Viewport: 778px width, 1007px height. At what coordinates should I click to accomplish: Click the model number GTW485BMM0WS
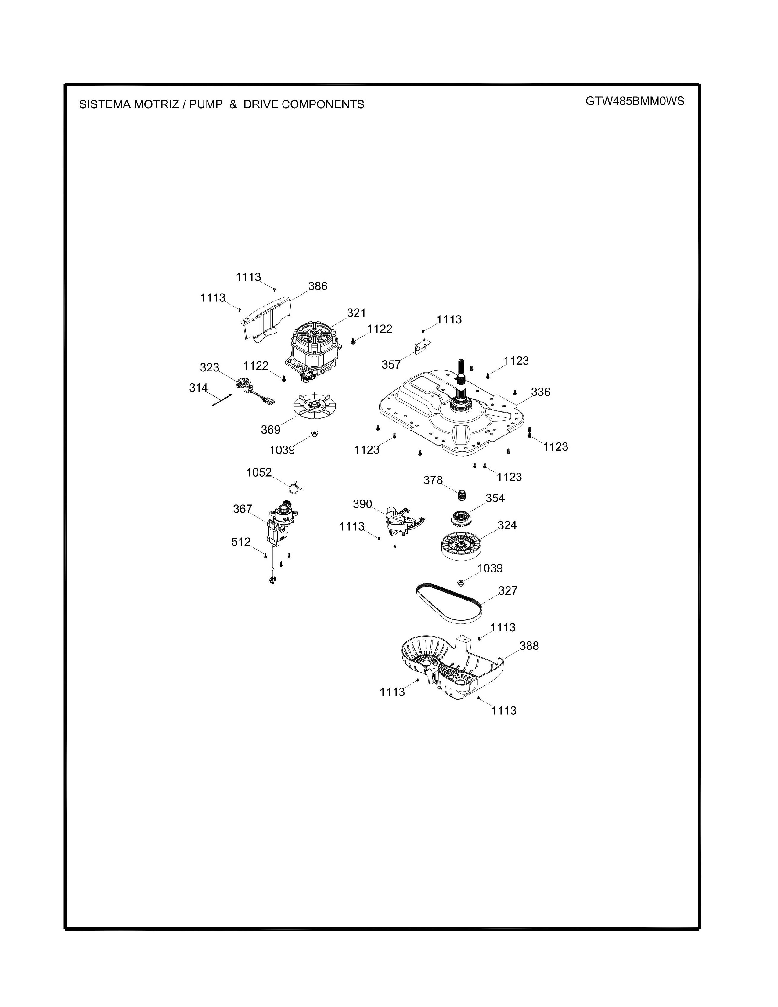tap(635, 101)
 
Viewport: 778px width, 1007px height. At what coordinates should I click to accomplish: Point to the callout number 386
tap(318, 286)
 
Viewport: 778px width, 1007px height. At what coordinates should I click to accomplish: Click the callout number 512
tap(241, 542)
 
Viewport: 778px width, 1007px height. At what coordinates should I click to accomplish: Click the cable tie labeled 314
tap(222, 400)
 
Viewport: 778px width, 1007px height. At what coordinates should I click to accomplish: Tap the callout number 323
tap(209, 367)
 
